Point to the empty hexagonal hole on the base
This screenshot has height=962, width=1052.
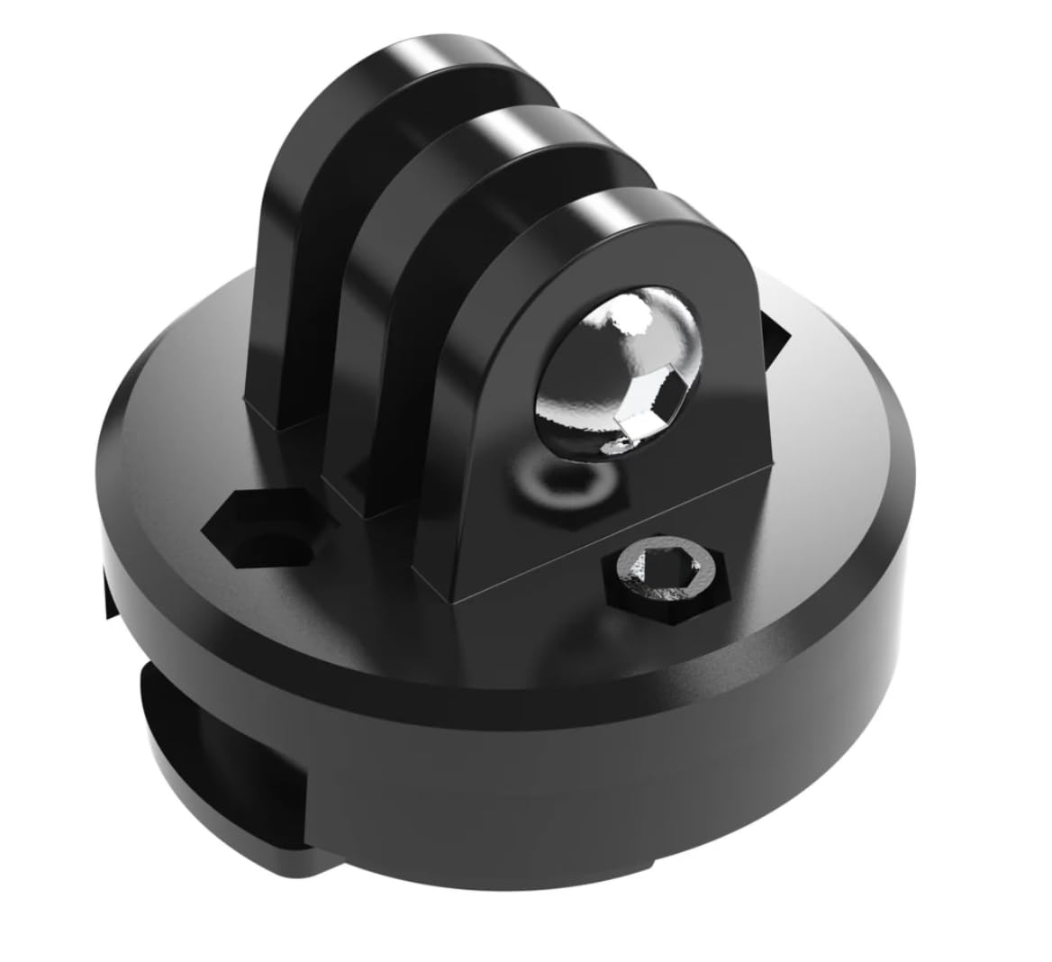tap(261, 531)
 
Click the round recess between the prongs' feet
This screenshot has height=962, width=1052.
tap(549, 482)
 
